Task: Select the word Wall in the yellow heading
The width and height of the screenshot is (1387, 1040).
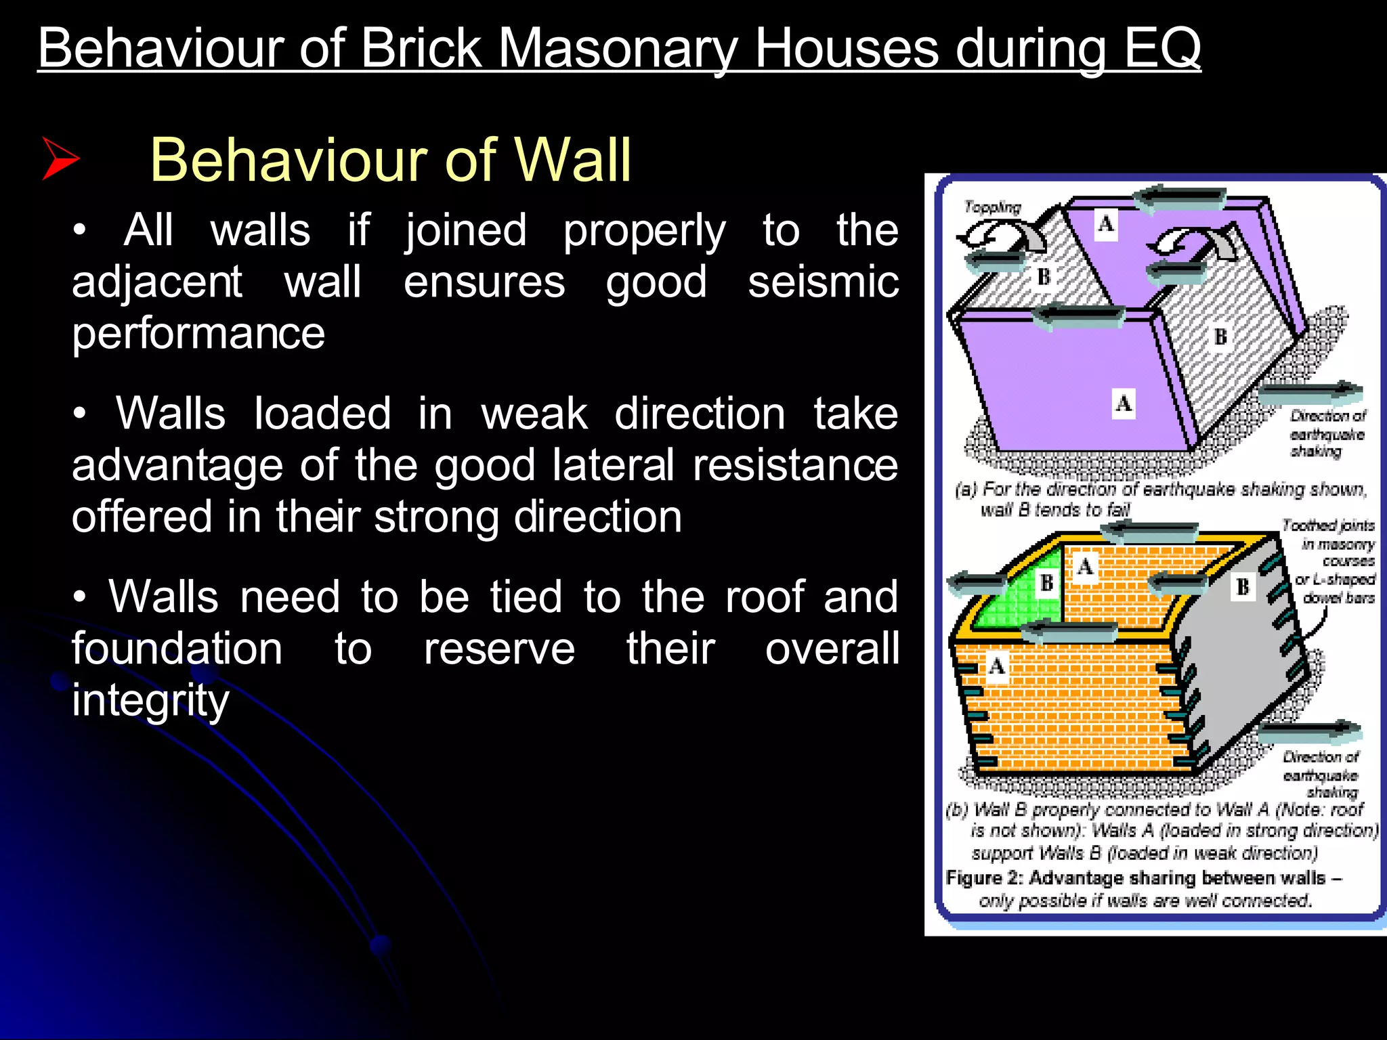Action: pos(572,160)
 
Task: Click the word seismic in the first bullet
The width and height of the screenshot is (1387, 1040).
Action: pos(823,282)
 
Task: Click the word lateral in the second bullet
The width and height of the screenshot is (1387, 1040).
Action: pos(612,465)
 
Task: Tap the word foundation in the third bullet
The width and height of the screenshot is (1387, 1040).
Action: pos(177,649)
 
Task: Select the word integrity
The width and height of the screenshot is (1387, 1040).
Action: pos(150,700)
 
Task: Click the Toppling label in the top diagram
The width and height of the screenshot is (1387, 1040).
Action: pos(992,207)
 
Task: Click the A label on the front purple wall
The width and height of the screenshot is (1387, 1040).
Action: pos(1124,404)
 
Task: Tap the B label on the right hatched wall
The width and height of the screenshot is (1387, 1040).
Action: pos(1220,337)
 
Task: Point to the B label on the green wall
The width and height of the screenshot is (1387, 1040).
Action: pos(1046,582)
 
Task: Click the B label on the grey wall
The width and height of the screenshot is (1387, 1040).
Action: pos(1243,586)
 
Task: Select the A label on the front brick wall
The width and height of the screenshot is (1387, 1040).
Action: pos(996,667)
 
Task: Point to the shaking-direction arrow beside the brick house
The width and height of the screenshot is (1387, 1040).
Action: pos(1310,731)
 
